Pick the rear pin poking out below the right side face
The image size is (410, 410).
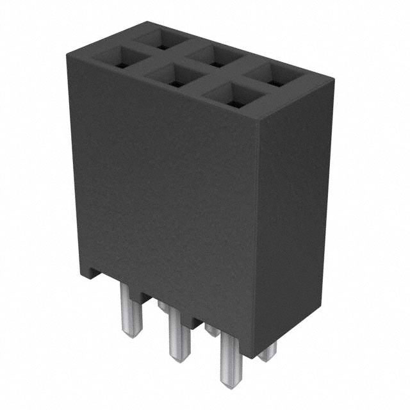point(268,352)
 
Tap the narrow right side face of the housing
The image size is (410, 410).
point(295,218)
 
